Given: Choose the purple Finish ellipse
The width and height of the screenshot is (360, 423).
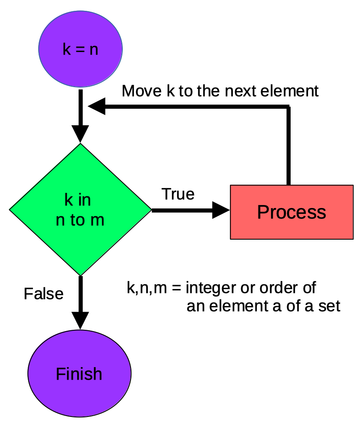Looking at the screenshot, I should point(79,373).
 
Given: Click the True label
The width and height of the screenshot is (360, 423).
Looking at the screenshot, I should point(178,194).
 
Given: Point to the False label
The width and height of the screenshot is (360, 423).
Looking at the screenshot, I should point(43,294).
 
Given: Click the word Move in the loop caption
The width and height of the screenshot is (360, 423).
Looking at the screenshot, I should point(142,91).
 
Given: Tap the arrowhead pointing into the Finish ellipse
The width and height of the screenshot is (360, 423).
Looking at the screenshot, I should point(80,321).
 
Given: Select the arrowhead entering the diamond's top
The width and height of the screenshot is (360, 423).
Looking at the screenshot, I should point(80,134).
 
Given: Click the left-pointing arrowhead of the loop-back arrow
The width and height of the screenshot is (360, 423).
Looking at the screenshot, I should point(97,106).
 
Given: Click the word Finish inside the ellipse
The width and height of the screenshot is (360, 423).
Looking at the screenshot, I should point(79,374).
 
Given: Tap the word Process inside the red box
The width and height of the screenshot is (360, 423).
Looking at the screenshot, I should point(291,212).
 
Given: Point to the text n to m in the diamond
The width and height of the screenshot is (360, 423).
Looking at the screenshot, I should point(80,220).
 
